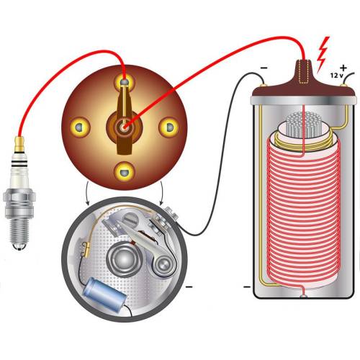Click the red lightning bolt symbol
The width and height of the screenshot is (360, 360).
pyautogui.click(x=323, y=55)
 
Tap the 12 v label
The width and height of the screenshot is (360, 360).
pyautogui.click(x=337, y=76)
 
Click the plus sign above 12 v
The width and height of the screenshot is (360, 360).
pyautogui.click(x=343, y=68)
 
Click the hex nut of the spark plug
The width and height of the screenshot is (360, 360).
pyautogui.click(x=19, y=197)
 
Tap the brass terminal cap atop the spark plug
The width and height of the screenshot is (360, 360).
pyautogui.click(x=19, y=144)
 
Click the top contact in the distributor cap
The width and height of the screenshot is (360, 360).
pyautogui.click(x=125, y=81)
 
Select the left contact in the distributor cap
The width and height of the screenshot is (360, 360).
pyautogui.click(x=80, y=127)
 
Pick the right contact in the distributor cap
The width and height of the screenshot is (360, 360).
pyautogui.click(x=169, y=127)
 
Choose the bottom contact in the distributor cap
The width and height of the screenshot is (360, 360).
pyautogui.click(x=125, y=171)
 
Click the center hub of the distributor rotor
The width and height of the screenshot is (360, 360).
pyautogui.click(x=125, y=127)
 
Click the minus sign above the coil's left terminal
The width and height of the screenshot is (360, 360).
pyautogui.click(x=264, y=68)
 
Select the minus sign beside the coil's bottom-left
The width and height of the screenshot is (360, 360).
pyautogui.click(x=247, y=287)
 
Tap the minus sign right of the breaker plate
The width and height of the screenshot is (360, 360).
pyautogui.click(x=189, y=287)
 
